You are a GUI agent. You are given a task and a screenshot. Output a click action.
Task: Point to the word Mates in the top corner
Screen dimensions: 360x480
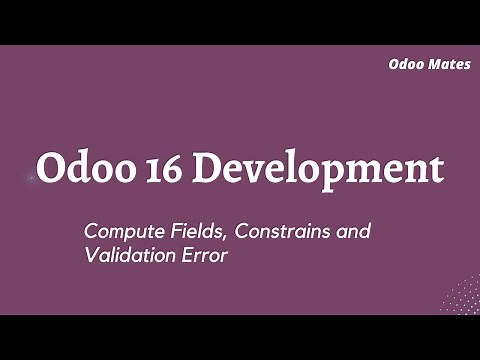pos(451,64)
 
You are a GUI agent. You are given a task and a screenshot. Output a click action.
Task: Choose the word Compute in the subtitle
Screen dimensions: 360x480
pos(119,232)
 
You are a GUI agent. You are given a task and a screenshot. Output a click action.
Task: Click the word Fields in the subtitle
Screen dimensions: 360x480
pos(198,231)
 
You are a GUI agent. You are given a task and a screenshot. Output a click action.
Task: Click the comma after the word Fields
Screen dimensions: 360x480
pos(230,238)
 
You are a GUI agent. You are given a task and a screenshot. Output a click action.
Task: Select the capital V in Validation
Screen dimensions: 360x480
pos(90,255)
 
